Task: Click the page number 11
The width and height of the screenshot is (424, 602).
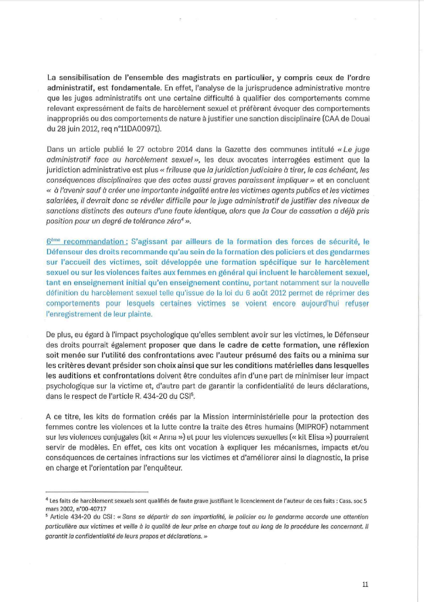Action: tap(365, 583)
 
